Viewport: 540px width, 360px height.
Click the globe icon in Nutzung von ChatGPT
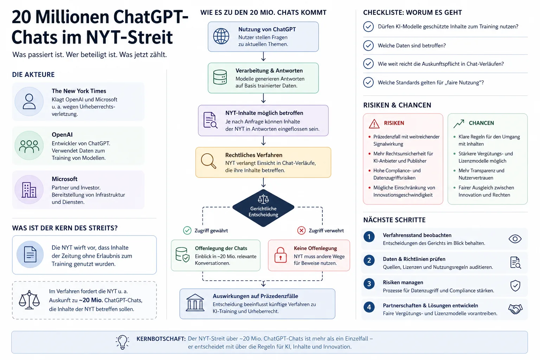pos(221,37)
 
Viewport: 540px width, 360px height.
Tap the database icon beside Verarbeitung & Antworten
pos(220,77)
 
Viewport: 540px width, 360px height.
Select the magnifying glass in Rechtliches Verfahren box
pos(209,161)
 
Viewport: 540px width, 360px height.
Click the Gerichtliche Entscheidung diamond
pos(263,208)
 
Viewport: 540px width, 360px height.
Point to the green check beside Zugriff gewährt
pos(187,231)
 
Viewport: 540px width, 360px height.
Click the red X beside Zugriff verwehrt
pos(301,231)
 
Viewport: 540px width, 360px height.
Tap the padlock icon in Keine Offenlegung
pos(280,255)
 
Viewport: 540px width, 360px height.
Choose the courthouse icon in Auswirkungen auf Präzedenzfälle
pos(195,302)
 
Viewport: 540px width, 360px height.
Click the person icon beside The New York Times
pos(29,102)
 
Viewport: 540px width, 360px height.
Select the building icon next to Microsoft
pos(29,190)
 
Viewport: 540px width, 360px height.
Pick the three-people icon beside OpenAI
pos(29,146)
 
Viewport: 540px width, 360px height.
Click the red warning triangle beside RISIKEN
pos(374,123)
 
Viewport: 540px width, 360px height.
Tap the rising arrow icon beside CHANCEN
pos(459,123)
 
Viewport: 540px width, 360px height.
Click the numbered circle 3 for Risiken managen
pos(369,284)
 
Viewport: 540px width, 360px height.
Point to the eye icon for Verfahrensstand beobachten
pos(515,239)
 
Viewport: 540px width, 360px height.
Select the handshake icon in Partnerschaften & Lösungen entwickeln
pos(515,309)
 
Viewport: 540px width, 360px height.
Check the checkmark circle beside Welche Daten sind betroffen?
pos(368,45)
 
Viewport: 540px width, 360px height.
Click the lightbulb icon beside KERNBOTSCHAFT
pos(122,342)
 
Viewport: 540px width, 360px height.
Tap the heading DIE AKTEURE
pos(33,75)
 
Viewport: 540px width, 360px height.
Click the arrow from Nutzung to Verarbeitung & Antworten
pos(263,56)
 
